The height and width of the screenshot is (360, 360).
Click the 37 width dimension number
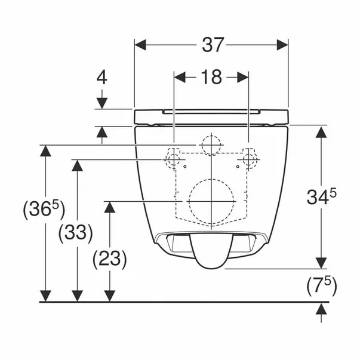[213, 45]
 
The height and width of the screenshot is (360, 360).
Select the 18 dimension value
[211, 77]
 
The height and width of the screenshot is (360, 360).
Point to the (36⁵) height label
[44, 209]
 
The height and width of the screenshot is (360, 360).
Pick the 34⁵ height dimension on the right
[321, 196]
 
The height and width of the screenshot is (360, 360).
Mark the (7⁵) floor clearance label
[322, 286]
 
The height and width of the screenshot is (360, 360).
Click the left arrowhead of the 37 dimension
[140, 45]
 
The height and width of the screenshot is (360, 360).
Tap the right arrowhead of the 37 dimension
[282, 45]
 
